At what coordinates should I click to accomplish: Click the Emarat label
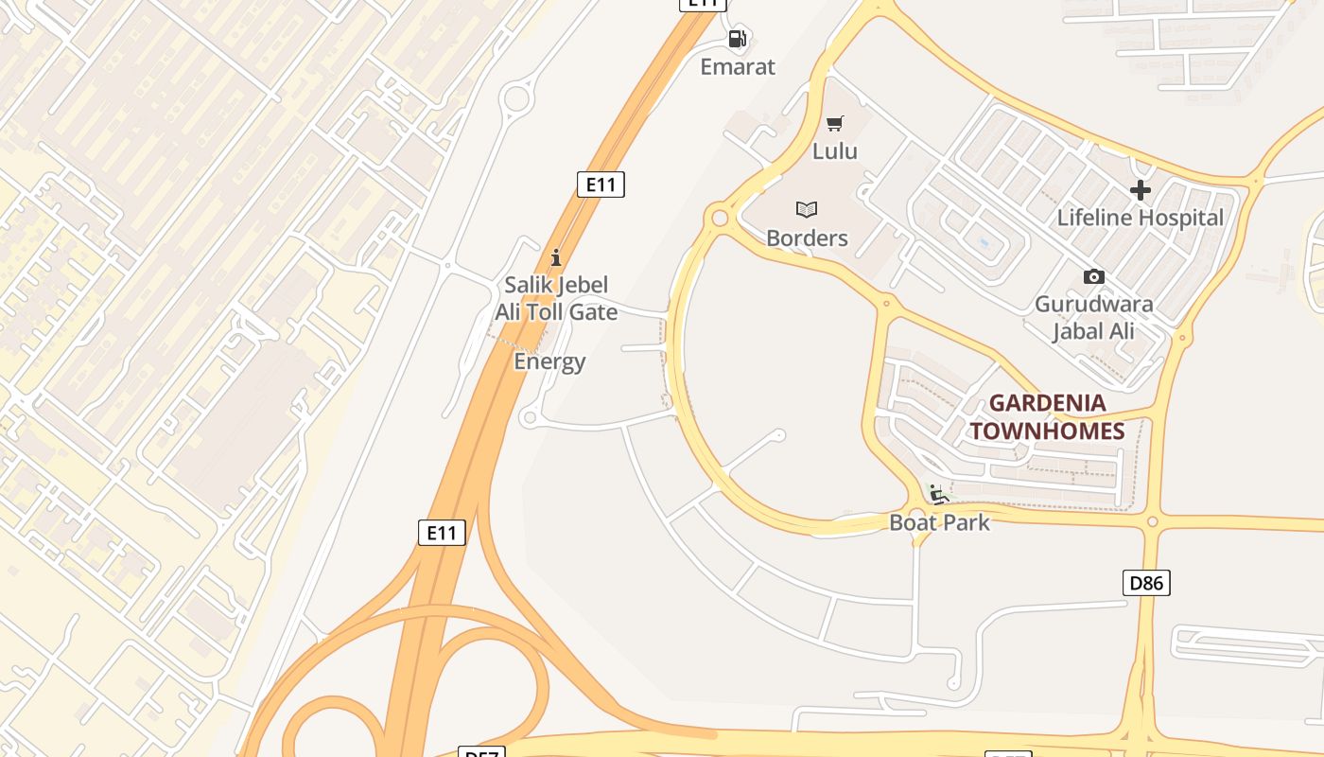(x=738, y=67)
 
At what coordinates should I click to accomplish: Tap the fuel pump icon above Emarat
(x=738, y=39)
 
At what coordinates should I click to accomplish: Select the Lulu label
(x=835, y=151)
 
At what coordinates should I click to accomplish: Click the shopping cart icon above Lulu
(x=835, y=123)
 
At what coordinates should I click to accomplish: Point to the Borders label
(x=807, y=238)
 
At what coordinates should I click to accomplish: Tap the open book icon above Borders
(x=807, y=209)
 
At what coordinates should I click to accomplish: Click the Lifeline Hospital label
(x=1141, y=218)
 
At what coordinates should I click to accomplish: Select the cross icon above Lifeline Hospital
(x=1141, y=190)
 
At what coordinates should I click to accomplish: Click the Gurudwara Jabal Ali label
(x=1094, y=318)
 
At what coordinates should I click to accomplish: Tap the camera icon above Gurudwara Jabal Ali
(x=1094, y=276)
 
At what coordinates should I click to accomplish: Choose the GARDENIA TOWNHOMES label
(x=1048, y=417)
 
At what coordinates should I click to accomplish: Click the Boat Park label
(x=939, y=522)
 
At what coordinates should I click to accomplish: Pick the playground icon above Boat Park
(x=938, y=495)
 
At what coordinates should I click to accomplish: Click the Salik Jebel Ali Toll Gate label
(x=556, y=298)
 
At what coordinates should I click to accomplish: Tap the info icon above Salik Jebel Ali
(x=556, y=257)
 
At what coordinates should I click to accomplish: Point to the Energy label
(x=549, y=361)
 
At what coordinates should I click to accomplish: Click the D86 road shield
(x=1147, y=583)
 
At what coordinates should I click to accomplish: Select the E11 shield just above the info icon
(x=601, y=184)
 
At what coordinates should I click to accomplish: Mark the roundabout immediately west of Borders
(x=720, y=219)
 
